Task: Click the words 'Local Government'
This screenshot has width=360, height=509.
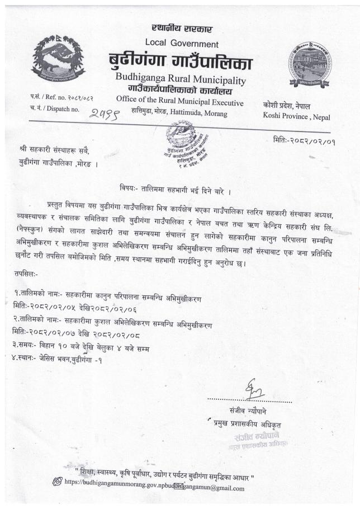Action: tap(182, 43)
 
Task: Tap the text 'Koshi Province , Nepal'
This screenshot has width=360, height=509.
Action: tap(296, 116)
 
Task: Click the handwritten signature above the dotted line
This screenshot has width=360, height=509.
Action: tap(252, 389)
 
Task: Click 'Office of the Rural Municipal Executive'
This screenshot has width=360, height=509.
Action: tap(180, 102)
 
